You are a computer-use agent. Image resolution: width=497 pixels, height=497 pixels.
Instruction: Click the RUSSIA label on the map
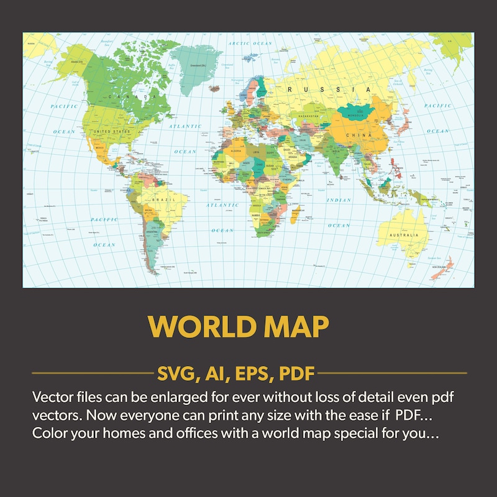point(322,90)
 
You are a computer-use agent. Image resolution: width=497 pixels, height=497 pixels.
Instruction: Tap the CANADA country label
point(132,98)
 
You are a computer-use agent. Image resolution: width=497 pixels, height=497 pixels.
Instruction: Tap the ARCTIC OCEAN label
point(250,43)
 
